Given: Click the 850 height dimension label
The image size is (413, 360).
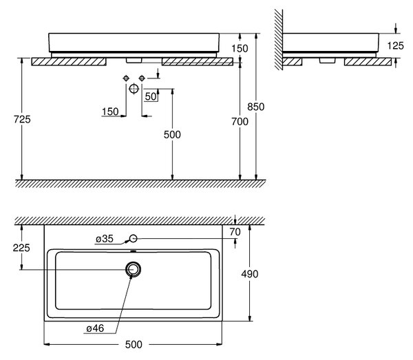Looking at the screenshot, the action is point(256,107).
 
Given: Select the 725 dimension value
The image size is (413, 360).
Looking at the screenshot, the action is point(22,119).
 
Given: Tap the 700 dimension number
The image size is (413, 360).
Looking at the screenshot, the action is point(240,121).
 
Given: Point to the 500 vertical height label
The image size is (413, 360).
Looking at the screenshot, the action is point(172,135).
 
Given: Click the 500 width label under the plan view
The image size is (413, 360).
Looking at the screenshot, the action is point(134,344).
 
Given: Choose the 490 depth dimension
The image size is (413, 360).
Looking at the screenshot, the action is point(250,274).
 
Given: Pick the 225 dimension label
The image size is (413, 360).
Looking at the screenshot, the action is point(21,248).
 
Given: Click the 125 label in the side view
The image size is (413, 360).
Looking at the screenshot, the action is point(396,46).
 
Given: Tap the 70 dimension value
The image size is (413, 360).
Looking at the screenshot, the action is point(235,232).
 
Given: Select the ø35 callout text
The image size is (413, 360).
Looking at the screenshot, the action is point(105,239).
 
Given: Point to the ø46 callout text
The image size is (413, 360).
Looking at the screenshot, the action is point(96,328).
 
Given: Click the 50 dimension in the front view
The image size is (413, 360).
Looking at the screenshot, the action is point(151,96).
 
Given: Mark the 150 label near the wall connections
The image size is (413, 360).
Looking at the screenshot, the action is point(110,112).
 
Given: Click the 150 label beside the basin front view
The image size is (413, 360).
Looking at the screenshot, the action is point(240,48).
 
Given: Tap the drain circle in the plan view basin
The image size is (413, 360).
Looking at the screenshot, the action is point(134,269).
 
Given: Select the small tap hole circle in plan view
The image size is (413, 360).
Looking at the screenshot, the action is point(134,239).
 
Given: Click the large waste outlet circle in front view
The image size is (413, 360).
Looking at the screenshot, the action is point(134,89).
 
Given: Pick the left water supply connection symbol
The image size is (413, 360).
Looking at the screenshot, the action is point(126,78).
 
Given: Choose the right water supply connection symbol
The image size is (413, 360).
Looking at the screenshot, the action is point(142,78).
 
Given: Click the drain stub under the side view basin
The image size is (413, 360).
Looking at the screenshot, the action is point(328,61).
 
